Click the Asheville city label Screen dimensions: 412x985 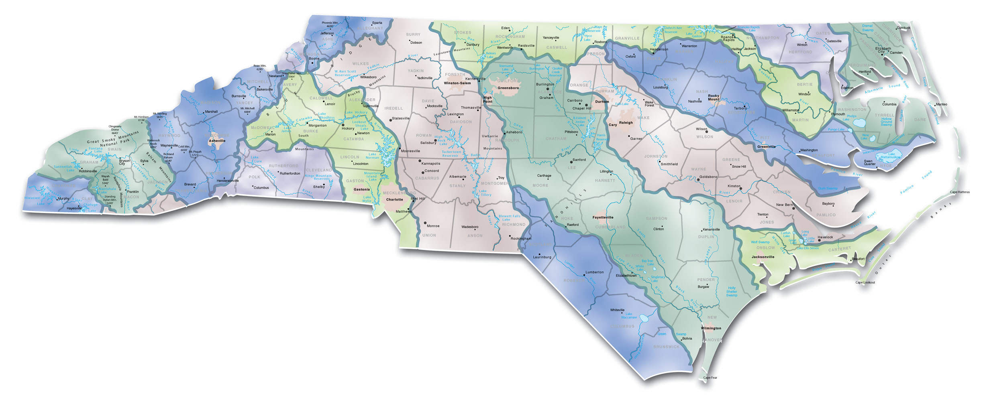coord(217,141)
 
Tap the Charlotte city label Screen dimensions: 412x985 coord(394,199)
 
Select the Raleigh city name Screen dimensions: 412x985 coord(626,123)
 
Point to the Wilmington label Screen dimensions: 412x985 coord(711,328)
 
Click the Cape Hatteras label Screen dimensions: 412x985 coord(959,192)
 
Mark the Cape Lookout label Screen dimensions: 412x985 coord(865,282)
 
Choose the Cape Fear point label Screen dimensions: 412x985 coord(710,377)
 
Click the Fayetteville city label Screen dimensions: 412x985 coord(603,217)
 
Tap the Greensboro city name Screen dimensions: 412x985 coord(508,88)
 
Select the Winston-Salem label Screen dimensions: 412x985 coord(457,83)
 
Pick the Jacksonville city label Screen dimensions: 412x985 coord(763,257)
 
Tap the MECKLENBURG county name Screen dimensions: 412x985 coord(399,193)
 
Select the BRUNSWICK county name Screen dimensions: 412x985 coord(666,347)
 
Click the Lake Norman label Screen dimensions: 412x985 coord(372,156)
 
